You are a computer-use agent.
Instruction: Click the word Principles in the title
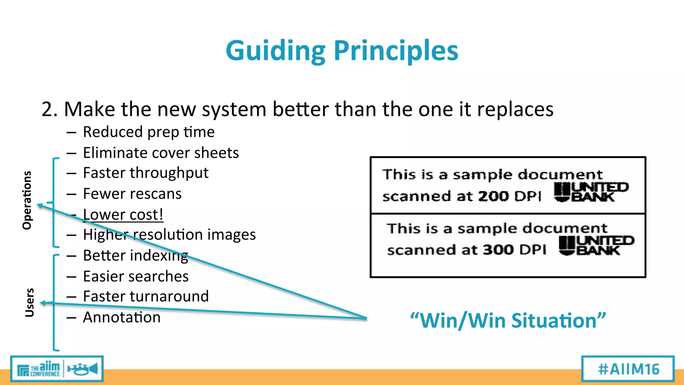point(396,51)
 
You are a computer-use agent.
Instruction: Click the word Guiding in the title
point(276,51)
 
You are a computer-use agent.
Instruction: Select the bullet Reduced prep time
point(149,132)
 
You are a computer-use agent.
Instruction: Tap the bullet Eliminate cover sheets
point(161,153)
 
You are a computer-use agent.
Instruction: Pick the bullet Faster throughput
point(146,173)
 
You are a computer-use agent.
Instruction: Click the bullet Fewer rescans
point(132,194)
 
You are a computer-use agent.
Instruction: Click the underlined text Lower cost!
point(123,215)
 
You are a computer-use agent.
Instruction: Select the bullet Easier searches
point(136,276)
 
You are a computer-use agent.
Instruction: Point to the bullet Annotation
point(122,317)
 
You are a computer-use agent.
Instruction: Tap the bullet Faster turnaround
point(146,296)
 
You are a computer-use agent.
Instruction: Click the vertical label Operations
point(27,200)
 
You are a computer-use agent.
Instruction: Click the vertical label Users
point(29,302)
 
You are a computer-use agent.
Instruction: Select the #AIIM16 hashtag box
point(628,369)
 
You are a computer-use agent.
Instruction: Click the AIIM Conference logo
point(57,369)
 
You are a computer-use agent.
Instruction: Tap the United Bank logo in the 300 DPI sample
point(596,246)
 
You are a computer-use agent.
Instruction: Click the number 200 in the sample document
point(493,196)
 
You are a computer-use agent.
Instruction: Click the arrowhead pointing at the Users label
point(43,303)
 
